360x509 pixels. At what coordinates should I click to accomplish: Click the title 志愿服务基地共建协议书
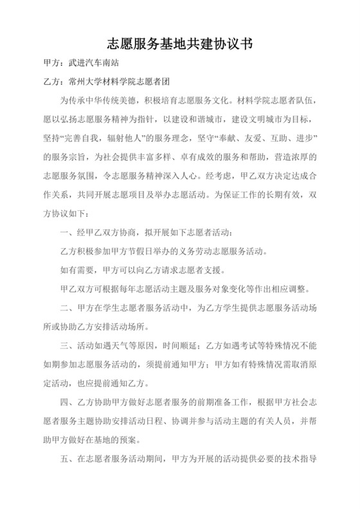pyautogui.click(x=179, y=44)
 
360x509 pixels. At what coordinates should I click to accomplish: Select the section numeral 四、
pyautogui.click(x=64, y=404)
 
